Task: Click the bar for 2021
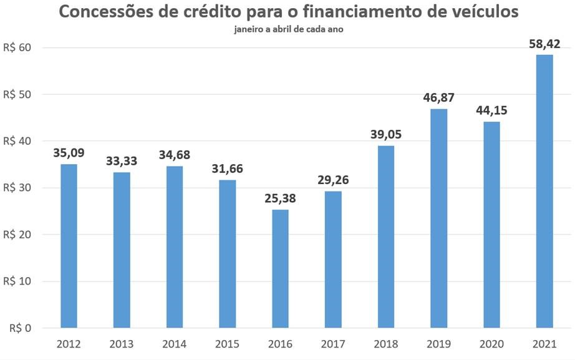click(544, 191)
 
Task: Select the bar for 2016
click(280, 268)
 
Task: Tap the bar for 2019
click(438, 218)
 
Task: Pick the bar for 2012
click(69, 246)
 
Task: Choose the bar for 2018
click(386, 236)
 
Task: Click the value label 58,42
click(544, 44)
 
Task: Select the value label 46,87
click(438, 98)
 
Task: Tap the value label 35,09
click(69, 153)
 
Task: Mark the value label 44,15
click(491, 110)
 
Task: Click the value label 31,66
click(227, 169)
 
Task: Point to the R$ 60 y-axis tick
click(21, 47)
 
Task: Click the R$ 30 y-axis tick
click(21, 188)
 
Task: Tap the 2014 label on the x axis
click(174, 344)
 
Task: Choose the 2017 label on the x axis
click(333, 344)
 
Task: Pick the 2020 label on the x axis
click(491, 344)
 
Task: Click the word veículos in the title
click(481, 12)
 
